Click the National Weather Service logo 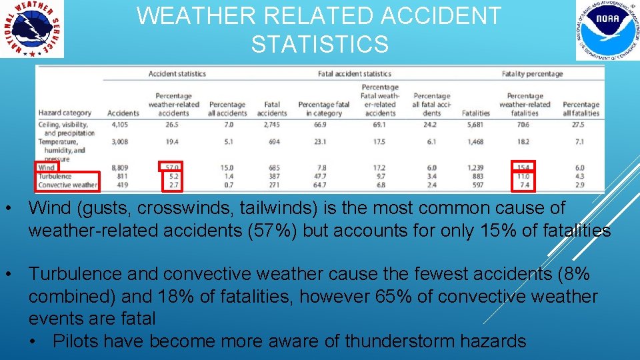tap(32, 29)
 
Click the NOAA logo tap(607, 30)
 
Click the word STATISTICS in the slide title tap(319, 45)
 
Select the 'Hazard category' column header tap(65, 113)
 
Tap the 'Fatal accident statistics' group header tap(354, 74)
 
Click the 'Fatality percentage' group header tap(532, 74)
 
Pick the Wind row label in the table tap(47, 168)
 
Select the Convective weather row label tap(68, 185)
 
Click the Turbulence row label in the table tap(55, 176)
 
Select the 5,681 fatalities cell tap(476, 124)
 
